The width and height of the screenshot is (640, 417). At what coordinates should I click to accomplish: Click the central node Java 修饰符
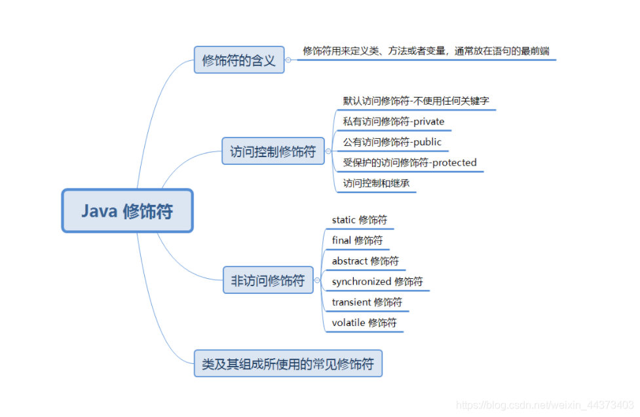pos(127,211)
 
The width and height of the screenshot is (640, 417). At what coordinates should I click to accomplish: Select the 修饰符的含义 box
pos(239,60)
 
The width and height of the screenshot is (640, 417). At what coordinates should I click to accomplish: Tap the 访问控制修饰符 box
pos(273,152)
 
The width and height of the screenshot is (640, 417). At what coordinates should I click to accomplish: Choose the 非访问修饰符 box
pos(268,280)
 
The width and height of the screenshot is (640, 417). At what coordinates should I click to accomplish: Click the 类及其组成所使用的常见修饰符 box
pos(288,363)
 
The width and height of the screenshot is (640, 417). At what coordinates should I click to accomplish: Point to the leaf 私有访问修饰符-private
pos(393,121)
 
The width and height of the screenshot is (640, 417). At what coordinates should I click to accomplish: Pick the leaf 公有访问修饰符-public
pos(392,142)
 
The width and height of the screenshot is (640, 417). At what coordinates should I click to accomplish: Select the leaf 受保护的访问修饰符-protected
pos(409,162)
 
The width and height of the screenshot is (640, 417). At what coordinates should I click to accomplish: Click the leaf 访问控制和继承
pos(376,183)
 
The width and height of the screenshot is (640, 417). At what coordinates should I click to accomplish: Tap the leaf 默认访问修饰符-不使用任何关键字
pos(416,101)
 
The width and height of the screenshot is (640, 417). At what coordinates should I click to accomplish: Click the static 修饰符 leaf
pos(359,220)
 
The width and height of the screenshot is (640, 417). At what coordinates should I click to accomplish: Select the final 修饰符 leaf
pos(356,240)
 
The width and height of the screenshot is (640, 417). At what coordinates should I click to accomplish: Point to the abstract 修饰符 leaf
pos(365,261)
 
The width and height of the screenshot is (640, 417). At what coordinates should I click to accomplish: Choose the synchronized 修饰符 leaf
pos(377,281)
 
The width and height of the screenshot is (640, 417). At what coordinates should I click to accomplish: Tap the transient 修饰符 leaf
pos(367,302)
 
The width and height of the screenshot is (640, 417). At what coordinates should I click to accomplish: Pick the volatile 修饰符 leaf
pos(364,322)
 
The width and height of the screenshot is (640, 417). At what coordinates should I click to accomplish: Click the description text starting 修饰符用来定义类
pos(426,51)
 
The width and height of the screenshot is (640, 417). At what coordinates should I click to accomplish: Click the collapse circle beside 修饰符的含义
pos(288,60)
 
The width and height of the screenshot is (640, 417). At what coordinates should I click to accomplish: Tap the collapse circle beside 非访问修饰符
pos(318,281)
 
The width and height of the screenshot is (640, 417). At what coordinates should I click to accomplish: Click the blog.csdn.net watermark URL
pos(544,406)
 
